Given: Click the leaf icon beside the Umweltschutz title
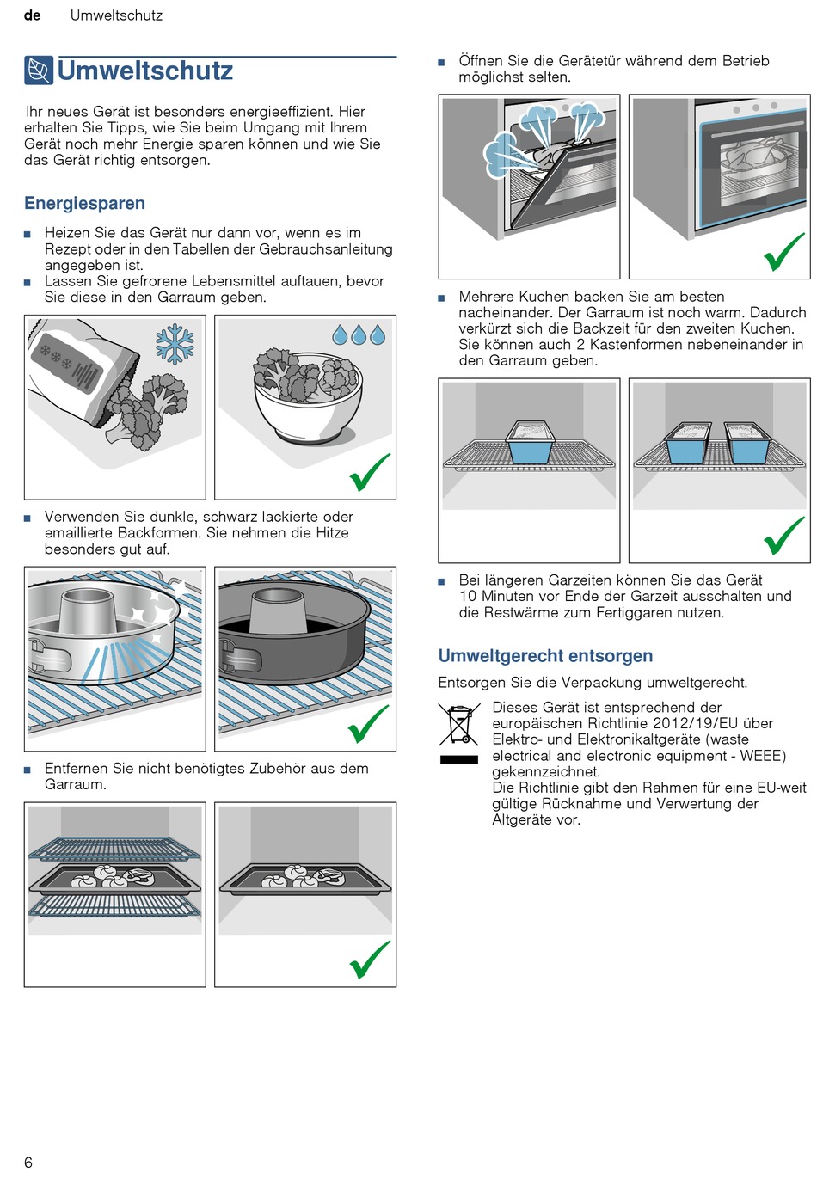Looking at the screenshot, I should [x=39, y=71].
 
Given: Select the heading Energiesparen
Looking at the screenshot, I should [x=84, y=204].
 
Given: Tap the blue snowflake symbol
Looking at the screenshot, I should [x=175, y=343].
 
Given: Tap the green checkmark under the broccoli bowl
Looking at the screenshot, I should [x=370, y=472].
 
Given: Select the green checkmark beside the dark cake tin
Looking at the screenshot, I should [x=369, y=723].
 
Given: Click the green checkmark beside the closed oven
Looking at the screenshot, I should [x=783, y=252].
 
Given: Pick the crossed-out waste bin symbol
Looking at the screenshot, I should [x=459, y=724].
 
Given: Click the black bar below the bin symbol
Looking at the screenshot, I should [x=459, y=760].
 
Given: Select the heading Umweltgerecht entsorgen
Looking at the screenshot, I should [x=545, y=656].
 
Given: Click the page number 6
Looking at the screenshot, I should [x=28, y=1163].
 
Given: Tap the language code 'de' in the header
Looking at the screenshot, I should [x=33, y=15].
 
